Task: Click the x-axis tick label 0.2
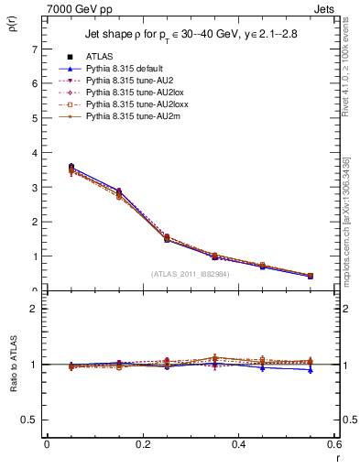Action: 143,443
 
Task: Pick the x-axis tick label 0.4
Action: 239,443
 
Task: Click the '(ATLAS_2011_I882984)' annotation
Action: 191,273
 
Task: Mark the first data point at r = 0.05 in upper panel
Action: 71,168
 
